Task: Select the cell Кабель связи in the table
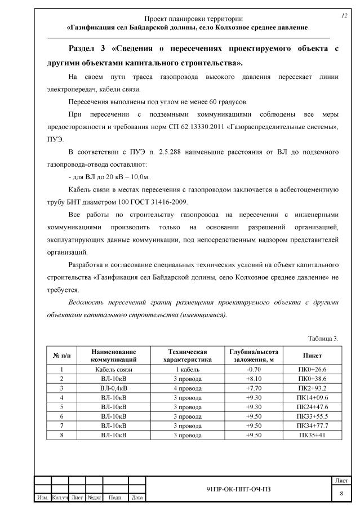(x=114, y=370)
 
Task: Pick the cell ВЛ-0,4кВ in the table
(x=114, y=388)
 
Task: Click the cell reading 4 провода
(x=186, y=388)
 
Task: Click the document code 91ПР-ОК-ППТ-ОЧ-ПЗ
(x=238, y=489)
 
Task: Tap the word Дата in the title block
(x=136, y=498)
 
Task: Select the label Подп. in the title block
(x=115, y=498)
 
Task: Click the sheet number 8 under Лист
(x=341, y=493)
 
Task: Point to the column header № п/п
(x=61, y=356)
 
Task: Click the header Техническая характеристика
(x=186, y=356)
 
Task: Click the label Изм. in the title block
(x=42, y=498)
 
